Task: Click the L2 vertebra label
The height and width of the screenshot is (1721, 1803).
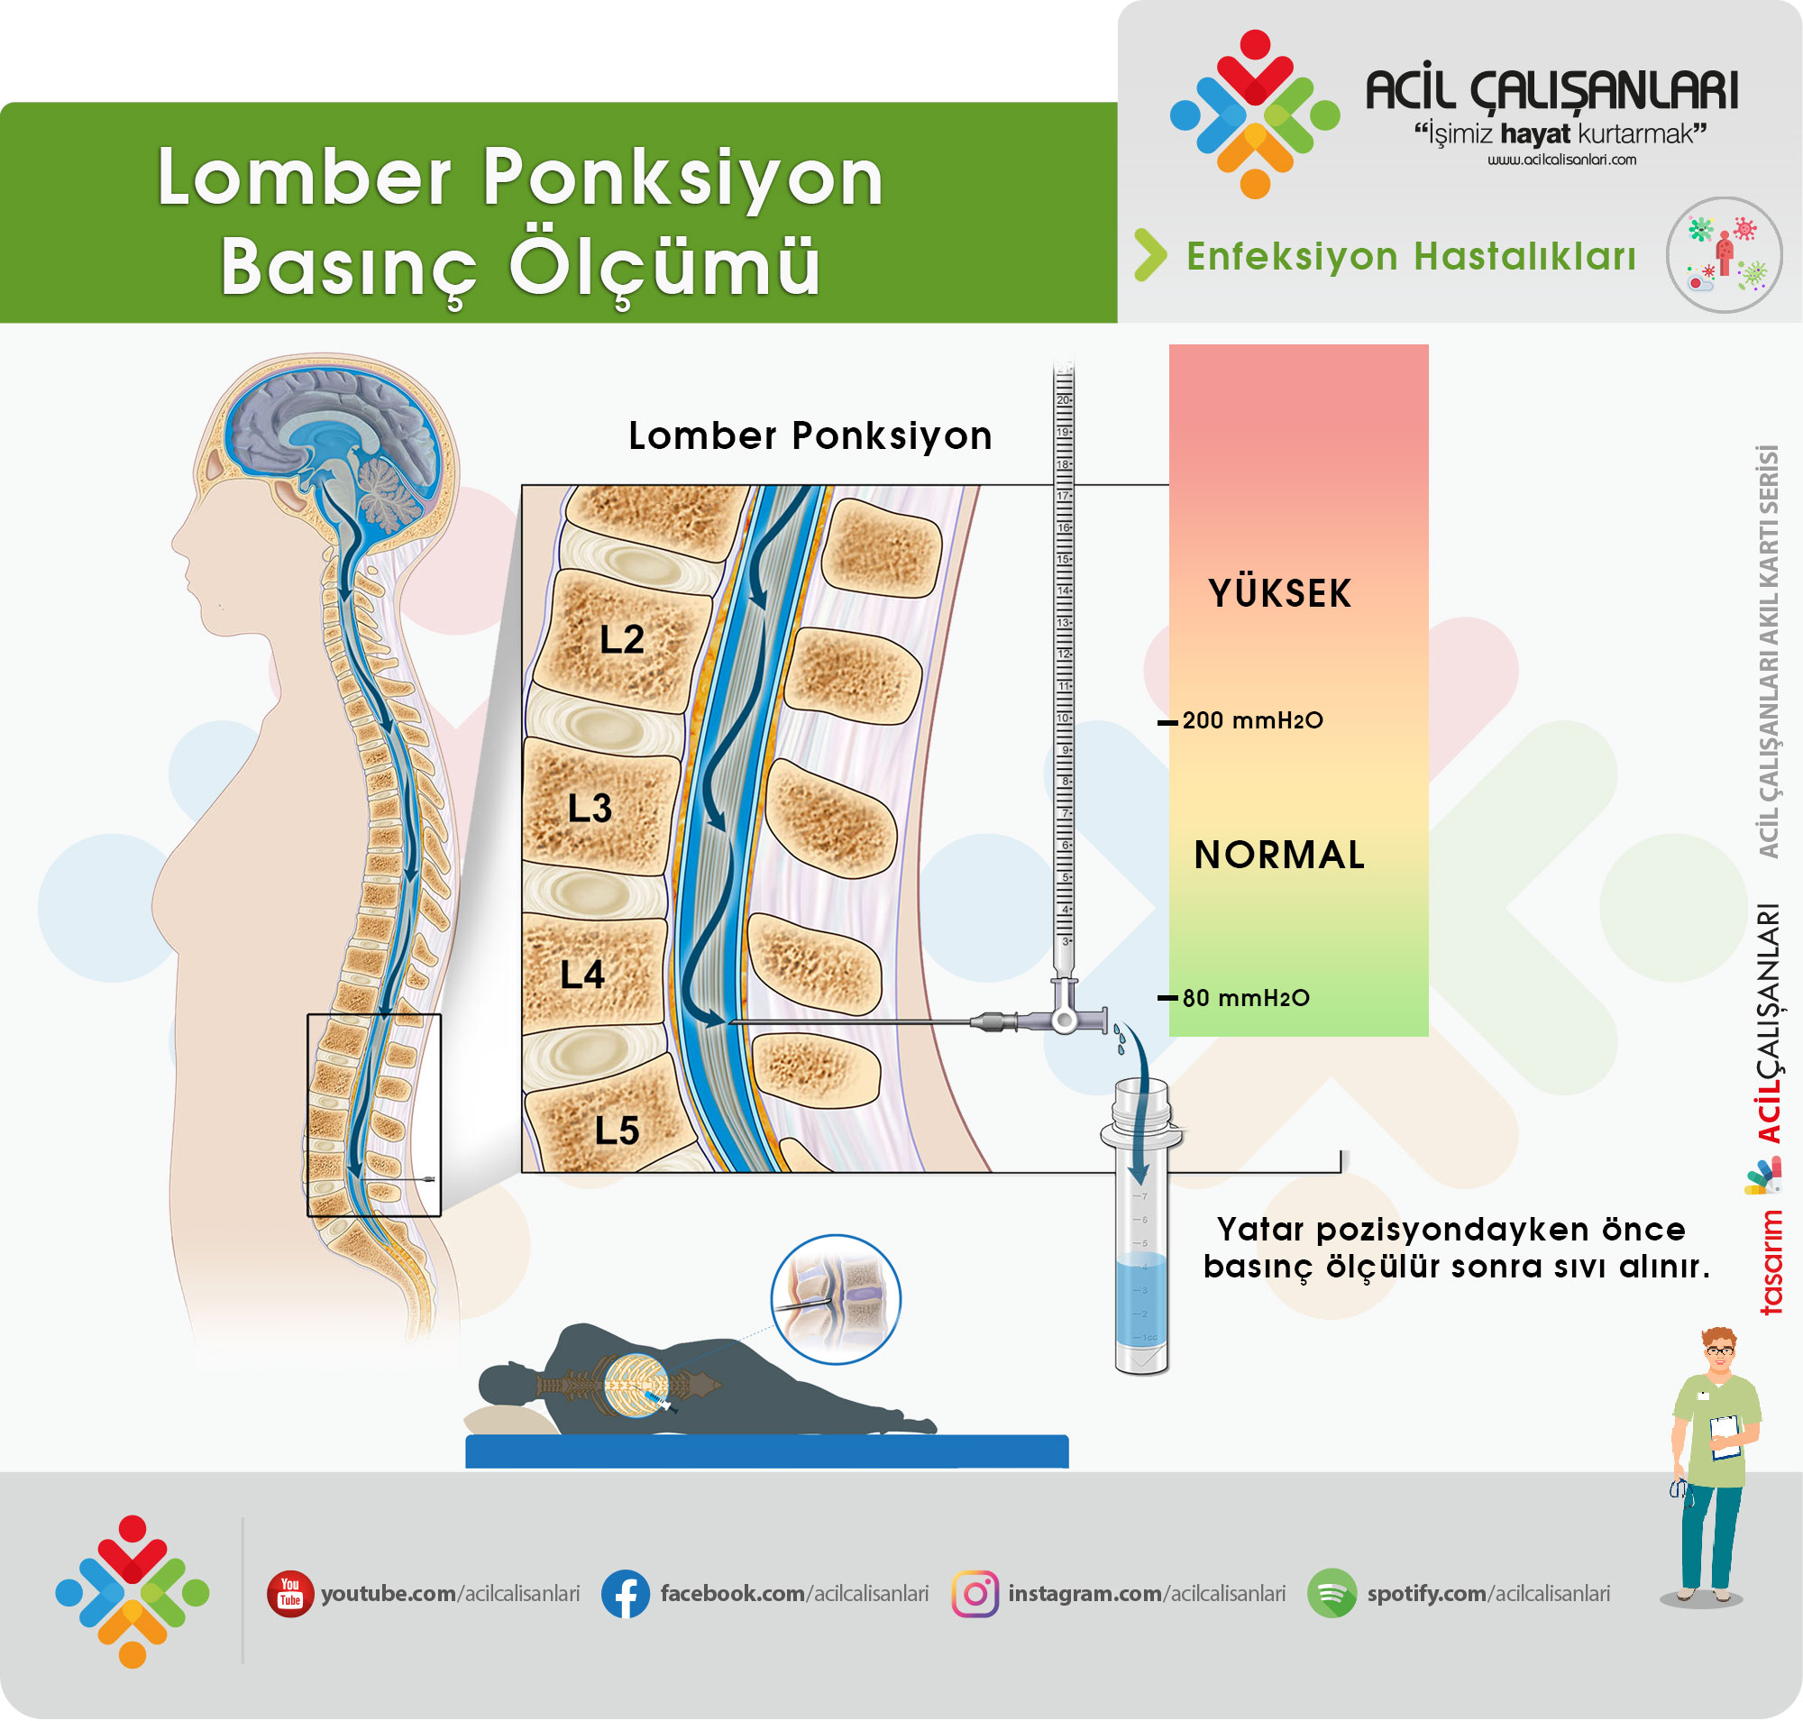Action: pyautogui.click(x=621, y=639)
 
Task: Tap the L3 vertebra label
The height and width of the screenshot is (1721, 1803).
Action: pyautogui.click(x=589, y=808)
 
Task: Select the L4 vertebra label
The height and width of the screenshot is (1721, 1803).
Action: pyautogui.click(x=581, y=975)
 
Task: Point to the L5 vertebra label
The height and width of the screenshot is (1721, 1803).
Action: pyautogui.click(x=616, y=1131)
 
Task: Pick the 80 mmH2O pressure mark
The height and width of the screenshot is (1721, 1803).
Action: pyautogui.click(x=1244, y=998)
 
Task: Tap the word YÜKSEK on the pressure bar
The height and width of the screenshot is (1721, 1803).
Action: pyautogui.click(x=1279, y=593)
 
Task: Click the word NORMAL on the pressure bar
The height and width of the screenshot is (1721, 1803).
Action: pyautogui.click(x=1279, y=855)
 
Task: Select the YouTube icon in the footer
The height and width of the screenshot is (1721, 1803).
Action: pyautogui.click(x=290, y=1594)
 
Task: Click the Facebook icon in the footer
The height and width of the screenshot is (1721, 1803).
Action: pyautogui.click(x=625, y=1594)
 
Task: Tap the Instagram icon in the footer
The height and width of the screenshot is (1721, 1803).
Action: pyautogui.click(x=975, y=1594)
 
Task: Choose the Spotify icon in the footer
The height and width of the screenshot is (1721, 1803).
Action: pyautogui.click(x=1332, y=1594)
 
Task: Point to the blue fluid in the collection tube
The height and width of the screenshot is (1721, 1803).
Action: pyautogui.click(x=1140, y=1303)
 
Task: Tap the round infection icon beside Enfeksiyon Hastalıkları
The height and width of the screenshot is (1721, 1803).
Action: pyautogui.click(x=1723, y=255)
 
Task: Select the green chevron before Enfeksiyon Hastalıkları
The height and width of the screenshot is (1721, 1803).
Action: pyautogui.click(x=1150, y=255)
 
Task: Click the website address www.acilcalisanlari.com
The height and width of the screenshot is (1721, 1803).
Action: pyautogui.click(x=1560, y=160)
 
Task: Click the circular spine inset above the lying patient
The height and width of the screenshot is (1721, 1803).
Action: pyautogui.click(x=835, y=1298)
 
